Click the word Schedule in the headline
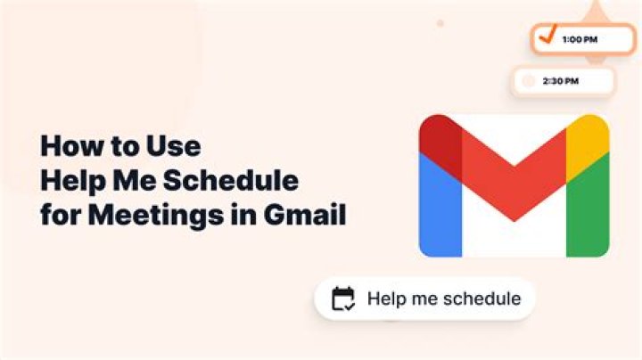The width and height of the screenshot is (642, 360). point(231,180)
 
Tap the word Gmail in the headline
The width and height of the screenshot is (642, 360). point(305,215)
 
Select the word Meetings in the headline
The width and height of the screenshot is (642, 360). point(156,216)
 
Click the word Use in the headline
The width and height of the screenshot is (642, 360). point(174,146)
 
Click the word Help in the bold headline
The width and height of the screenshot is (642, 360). point(73,181)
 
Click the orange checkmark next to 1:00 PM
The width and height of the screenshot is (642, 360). point(547,35)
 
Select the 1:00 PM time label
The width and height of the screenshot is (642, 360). point(580,40)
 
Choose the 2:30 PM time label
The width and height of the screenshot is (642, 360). point(561,81)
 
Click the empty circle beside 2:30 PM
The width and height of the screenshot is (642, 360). point(529,81)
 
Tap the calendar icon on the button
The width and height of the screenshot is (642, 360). point(343,299)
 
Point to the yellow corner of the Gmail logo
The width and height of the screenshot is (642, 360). point(587,143)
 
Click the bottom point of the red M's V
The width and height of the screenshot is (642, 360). point(514,221)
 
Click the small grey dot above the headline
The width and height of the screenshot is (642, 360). point(440,23)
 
